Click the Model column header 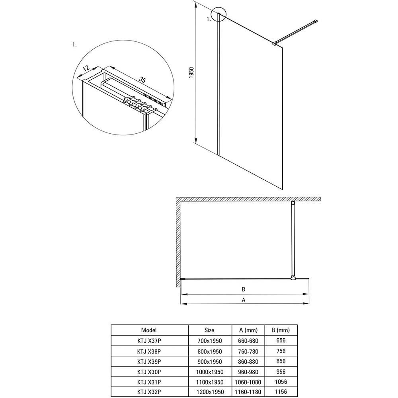click(149, 330)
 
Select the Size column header click(209, 330)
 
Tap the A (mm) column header click(248, 330)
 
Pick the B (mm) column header click(281, 330)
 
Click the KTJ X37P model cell click(149, 341)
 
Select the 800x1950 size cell click(210, 351)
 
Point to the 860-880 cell click(248, 361)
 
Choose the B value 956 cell click(281, 372)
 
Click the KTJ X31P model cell click(149, 382)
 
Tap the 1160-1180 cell click(248, 392)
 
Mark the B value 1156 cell click(281, 392)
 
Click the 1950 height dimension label click(191, 72)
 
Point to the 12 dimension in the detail click(86, 68)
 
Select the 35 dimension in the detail click(142, 80)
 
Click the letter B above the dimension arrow click(243, 289)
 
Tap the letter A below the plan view click(244, 300)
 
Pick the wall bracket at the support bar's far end click(316, 21)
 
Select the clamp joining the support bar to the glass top click(274, 44)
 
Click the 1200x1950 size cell click(210, 392)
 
